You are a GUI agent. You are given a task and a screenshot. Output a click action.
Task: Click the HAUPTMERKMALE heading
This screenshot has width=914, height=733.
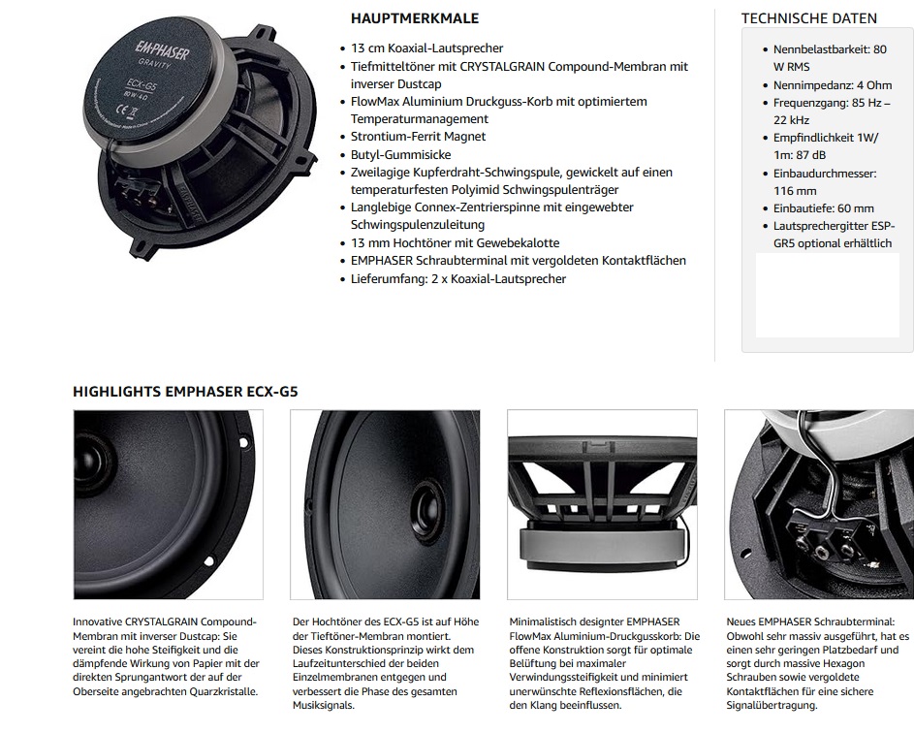(414, 18)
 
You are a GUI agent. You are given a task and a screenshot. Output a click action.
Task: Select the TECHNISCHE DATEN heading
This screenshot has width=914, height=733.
(808, 18)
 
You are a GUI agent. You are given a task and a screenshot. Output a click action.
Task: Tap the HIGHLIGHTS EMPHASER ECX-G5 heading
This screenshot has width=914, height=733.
(185, 392)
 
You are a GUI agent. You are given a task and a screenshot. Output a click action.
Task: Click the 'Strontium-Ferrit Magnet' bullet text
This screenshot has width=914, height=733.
(419, 137)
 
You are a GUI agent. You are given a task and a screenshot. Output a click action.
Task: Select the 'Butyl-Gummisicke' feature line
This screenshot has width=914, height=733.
(401, 154)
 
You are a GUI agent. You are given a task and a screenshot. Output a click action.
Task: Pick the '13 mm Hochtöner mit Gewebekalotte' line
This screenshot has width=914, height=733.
(456, 243)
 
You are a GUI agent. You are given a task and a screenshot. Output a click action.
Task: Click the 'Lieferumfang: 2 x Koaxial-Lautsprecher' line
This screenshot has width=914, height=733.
(458, 279)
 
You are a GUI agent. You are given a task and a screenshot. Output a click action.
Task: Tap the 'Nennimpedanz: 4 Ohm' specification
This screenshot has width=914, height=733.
(832, 85)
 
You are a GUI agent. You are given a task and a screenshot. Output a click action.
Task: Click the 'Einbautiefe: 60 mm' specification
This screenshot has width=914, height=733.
(823, 208)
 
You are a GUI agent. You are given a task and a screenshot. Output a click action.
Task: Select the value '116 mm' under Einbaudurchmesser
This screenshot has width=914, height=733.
(795, 191)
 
